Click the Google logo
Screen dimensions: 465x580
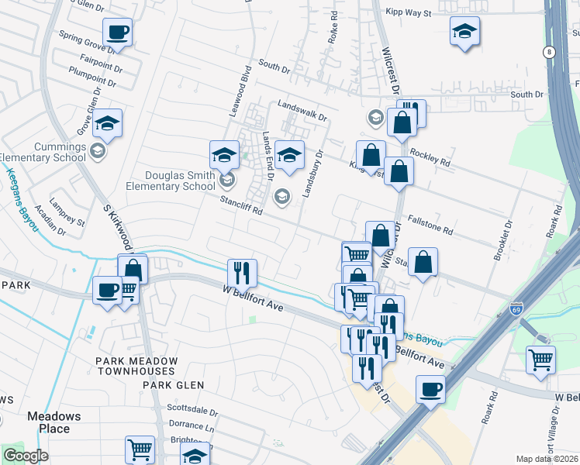click(25, 456)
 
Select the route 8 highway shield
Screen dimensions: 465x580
click(550, 52)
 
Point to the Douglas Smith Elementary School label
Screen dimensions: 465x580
click(171, 181)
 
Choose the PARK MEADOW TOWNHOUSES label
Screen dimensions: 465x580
click(136, 367)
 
